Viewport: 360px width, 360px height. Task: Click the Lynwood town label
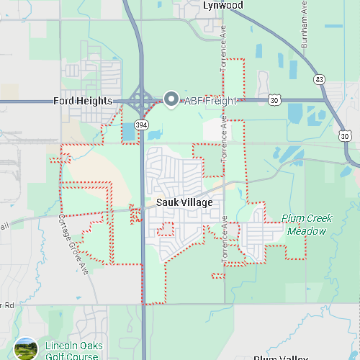tap(223, 6)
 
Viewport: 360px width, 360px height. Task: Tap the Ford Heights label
tap(83, 101)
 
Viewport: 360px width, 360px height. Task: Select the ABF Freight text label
tap(210, 101)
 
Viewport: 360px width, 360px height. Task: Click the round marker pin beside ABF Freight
tap(171, 99)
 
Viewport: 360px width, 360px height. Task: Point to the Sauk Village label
tap(184, 202)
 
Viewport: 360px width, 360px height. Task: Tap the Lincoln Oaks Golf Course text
tap(73, 351)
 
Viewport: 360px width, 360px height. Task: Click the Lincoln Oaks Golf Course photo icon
tap(26, 349)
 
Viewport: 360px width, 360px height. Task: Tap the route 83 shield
tap(318, 78)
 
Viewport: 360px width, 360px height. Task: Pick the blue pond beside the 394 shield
tap(129, 132)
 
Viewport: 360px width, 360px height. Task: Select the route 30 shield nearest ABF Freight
tap(274, 100)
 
